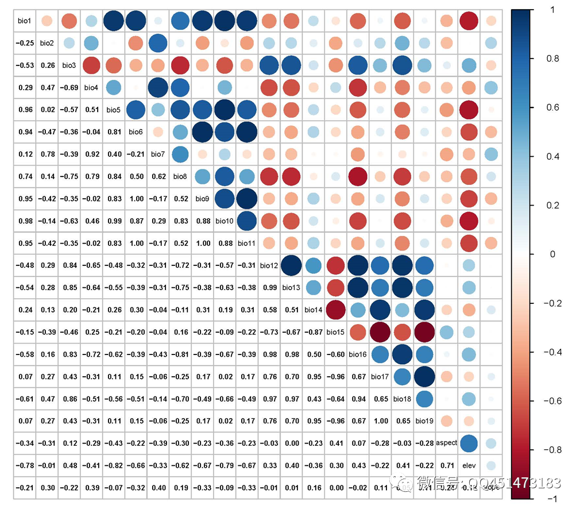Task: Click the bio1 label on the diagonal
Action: click(x=24, y=21)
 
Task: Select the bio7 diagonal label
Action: click(x=158, y=155)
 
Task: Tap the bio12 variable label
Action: click(x=269, y=266)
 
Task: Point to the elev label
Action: click(x=469, y=465)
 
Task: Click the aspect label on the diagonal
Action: click(x=447, y=443)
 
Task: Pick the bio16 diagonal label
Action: click(x=358, y=354)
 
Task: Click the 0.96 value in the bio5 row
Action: click(x=24, y=110)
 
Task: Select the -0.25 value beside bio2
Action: click(x=24, y=43)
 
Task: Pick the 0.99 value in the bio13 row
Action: click(x=269, y=288)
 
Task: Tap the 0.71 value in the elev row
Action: click(x=447, y=465)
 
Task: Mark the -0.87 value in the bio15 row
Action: click(x=313, y=332)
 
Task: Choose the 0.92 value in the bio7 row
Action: click(x=91, y=155)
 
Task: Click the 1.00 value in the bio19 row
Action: click(x=380, y=421)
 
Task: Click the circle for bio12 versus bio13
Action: click(x=291, y=266)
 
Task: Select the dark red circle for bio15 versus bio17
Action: click(x=380, y=332)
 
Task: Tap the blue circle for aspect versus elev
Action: click(x=469, y=443)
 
